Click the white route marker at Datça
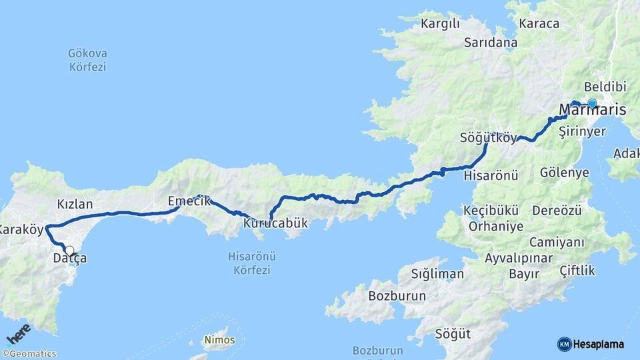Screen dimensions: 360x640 [69, 251]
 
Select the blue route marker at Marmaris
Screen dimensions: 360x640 [591, 103]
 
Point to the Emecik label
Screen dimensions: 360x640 [189, 201]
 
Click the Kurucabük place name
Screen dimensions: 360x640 [276, 223]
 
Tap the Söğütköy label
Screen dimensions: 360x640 [488, 139]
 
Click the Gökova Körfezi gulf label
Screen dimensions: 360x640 [87, 60]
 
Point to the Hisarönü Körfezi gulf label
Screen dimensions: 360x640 [252, 263]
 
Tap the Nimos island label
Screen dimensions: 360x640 [220, 340]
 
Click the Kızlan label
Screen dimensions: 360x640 [75, 204]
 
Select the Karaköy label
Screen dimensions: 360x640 [21, 230]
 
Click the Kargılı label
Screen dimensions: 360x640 [441, 25]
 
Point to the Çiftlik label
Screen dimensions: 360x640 [578, 271]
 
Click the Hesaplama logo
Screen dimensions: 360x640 [591, 344]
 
